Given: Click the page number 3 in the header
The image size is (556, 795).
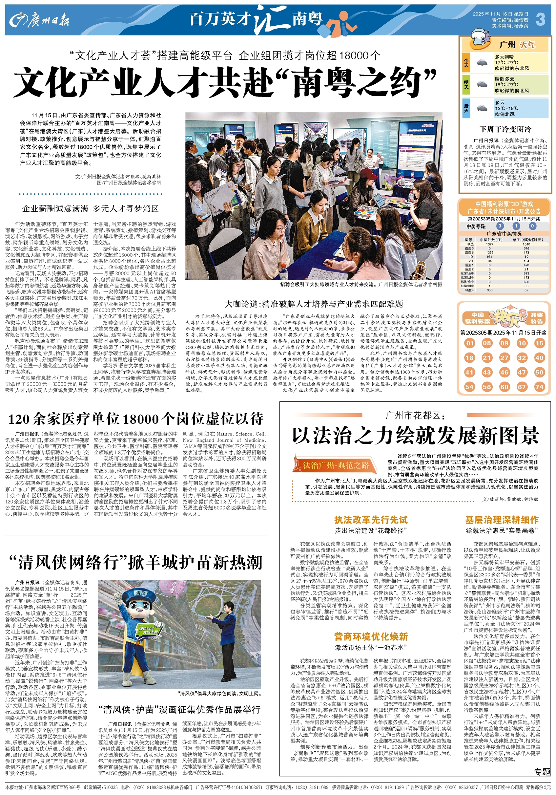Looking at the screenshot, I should [541, 20].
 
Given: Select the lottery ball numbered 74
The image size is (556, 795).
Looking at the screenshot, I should [539, 387].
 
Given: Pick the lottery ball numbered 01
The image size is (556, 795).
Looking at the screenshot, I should [469, 343].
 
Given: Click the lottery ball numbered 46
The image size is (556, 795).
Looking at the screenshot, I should [504, 372].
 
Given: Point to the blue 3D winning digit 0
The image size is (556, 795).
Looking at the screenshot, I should [532, 226].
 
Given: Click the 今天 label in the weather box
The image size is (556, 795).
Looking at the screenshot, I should [466, 63].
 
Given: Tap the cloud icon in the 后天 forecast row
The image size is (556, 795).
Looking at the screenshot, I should [482, 108].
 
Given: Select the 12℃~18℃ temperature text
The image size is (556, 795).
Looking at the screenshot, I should [507, 108].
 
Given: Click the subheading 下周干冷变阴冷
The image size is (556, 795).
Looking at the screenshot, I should [505, 129].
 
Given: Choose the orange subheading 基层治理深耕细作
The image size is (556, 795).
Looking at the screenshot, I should [502, 520].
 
